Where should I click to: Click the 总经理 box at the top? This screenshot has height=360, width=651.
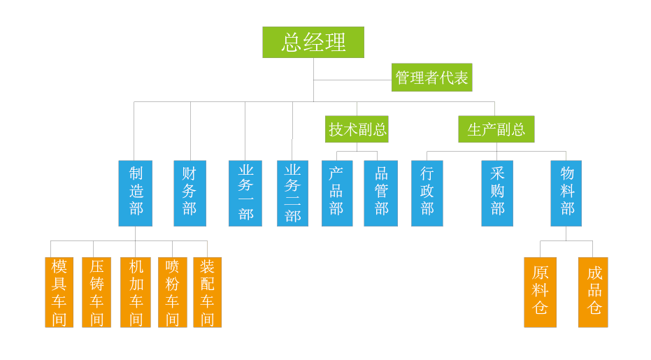pyautogui.click(x=313, y=42)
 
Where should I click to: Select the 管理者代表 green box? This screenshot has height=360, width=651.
pyautogui.click(x=431, y=78)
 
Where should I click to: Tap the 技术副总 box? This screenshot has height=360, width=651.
pyautogui.click(x=357, y=129)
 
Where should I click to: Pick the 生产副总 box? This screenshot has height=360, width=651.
pyautogui.click(x=496, y=129)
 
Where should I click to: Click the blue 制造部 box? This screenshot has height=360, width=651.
pyautogui.click(x=136, y=193)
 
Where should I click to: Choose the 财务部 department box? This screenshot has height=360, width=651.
pyautogui.click(x=189, y=193)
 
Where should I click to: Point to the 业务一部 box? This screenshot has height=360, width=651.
pyautogui.click(x=245, y=193)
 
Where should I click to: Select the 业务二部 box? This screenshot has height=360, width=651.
pyautogui.click(x=292, y=193)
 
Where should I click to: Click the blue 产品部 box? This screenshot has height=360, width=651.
pyautogui.click(x=337, y=193)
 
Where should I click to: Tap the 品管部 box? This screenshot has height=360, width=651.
pyautogui.click(x=380, y=193)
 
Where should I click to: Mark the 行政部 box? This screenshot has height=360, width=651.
pyautogui.click(x=427, y=193)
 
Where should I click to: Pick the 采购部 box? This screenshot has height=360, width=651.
pyautogui.click(x=497, y=193)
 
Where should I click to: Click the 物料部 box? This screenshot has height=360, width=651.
pyautogui.click(x=566, y=193)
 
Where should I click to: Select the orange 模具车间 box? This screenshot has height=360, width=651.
pyautogui.click(x=59, y=292)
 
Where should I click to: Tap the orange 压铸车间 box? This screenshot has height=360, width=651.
pyautogui.click(x=96, y=292)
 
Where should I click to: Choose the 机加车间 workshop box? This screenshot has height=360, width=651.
pyautogui.click(x=136, y=292)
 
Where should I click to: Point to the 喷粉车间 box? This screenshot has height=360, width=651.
pyautogui.click(x=172, y=292)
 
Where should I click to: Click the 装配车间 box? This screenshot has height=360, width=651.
pyautogui.click(x=207, y=292)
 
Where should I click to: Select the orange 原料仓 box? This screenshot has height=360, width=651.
pyautogui.click(x=541, y=292)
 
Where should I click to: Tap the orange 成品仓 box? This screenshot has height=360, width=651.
pyautogui.click(x=593, y=292)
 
